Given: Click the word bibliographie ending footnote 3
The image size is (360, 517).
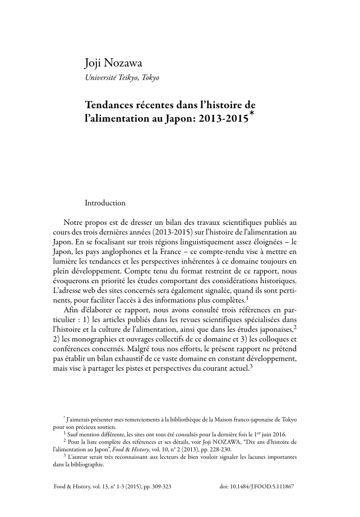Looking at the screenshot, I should [x=70, y=465].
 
